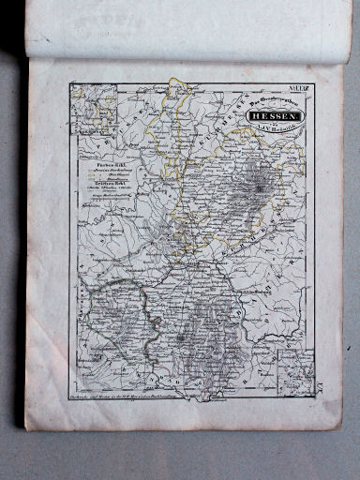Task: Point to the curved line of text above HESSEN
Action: click(272, 106)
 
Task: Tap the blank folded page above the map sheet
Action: click(187, 33)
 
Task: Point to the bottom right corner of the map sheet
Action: click(339, 427)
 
